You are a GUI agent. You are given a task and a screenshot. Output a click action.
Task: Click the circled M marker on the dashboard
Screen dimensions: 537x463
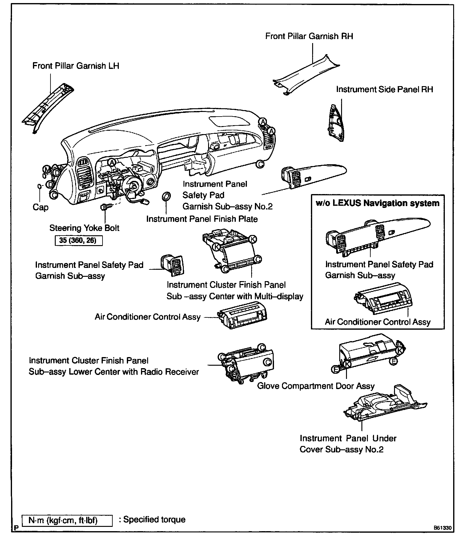point(47,169)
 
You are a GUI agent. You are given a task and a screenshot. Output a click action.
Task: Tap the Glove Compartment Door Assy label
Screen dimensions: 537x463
point(316,386)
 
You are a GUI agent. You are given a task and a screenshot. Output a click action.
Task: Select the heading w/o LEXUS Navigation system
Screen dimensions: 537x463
point(378,203)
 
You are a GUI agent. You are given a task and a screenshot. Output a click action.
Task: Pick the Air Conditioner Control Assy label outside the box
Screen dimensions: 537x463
point(148,317)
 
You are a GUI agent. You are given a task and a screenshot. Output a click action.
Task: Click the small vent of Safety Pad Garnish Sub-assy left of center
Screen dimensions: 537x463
point(172,265)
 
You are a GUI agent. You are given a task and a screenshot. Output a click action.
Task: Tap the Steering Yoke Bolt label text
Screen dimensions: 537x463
point(84,228)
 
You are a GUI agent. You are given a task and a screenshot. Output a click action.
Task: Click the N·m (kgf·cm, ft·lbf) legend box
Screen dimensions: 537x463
point(67,520)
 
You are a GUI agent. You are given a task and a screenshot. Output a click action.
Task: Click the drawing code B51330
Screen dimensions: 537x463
point(442,528)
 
